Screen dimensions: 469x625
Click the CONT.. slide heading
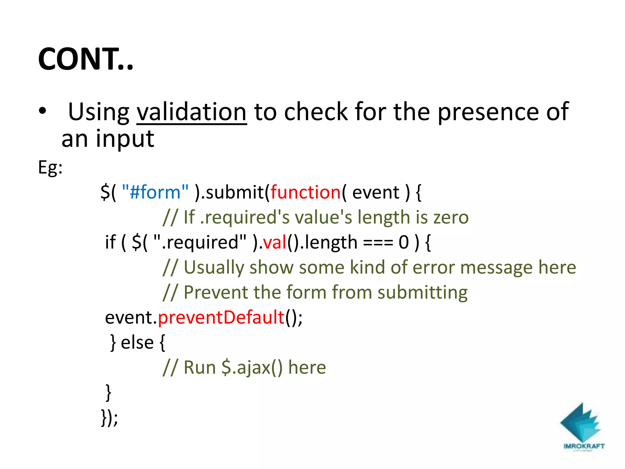(x=85, y=59)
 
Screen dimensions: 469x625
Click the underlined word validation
(x=191, y=112)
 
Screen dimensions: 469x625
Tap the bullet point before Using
(x=42, y=111)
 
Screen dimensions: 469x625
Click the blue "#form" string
(x=155, y=192)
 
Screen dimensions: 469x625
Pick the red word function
(x=305, y=192)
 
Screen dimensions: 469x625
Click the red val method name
(x=275, y=242)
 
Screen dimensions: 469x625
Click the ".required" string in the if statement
(x=200, y=242)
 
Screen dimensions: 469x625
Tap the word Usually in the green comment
(x=214, y=267)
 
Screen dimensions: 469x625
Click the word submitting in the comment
(x=422, y=293)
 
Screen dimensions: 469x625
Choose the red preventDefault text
(x=221, y=318)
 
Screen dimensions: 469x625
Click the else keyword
(x=137, y=343)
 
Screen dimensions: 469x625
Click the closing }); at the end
(x=109, y=418)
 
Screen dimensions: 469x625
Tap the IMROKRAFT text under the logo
(x=584, y=446)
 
